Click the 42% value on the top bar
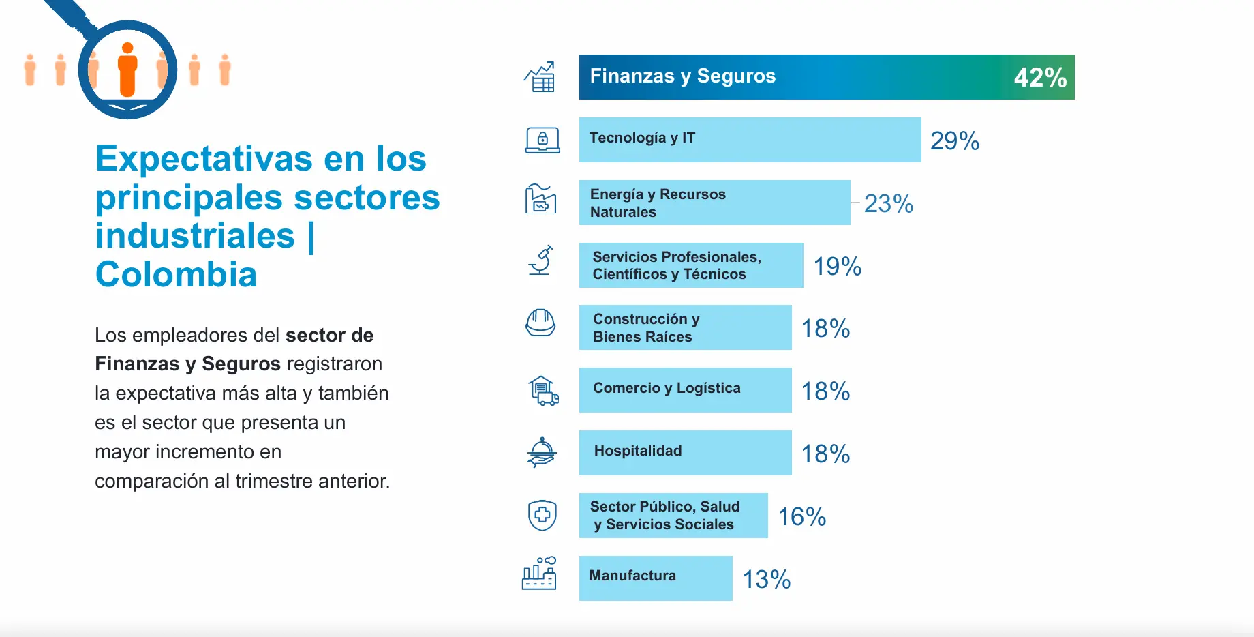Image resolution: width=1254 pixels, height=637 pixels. (1040, 78)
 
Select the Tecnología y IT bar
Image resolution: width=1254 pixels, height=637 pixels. (750, 140)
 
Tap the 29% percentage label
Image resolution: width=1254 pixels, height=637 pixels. (955, 141)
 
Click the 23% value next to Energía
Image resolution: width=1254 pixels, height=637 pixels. (889, 204)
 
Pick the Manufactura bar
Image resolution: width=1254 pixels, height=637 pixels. (656, 578)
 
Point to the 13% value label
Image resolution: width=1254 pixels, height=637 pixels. (767, 580)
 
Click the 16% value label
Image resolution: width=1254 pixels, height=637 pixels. (802, 517)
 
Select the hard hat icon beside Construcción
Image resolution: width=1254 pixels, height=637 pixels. (540, 323)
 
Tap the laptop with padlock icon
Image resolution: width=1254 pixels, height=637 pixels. (542, 140)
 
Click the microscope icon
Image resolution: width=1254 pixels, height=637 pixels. (540, 261)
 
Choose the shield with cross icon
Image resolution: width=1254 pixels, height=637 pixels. (542, 515)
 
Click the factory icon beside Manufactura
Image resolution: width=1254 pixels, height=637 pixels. (539, 574)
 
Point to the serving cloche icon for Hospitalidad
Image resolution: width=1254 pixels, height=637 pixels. (542, 452)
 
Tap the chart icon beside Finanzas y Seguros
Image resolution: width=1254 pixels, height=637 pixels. (540, 77)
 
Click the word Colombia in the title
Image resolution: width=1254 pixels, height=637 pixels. (176, 275)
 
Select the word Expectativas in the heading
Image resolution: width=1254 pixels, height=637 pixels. (203, 159)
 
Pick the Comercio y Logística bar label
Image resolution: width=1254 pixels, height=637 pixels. (667, 388)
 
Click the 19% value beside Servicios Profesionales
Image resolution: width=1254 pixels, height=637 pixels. (838, 267)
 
